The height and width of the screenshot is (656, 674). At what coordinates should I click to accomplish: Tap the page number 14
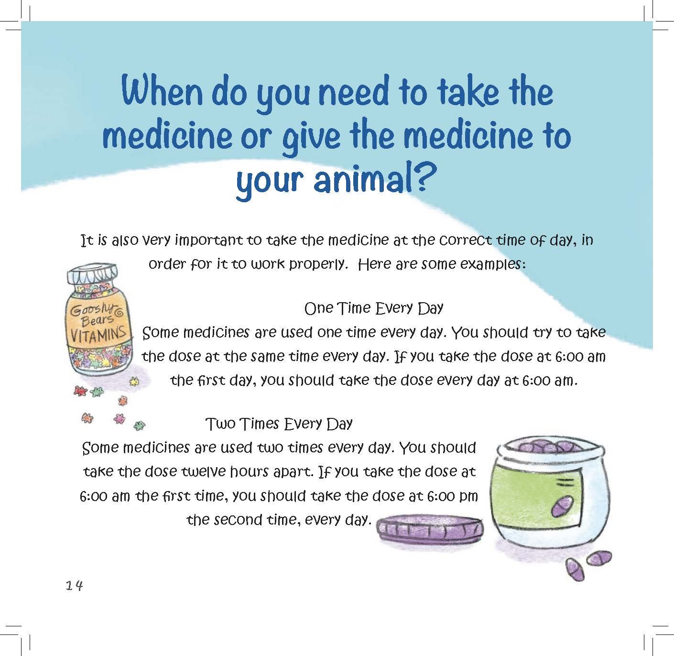point(75,585)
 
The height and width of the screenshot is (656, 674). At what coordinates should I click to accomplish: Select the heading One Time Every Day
point(374,308)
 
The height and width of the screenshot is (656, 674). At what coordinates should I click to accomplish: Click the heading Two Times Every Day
point(279,424)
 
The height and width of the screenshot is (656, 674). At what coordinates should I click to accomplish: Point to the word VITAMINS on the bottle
point(98,333)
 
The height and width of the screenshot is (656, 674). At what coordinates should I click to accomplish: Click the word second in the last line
point(238,520)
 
